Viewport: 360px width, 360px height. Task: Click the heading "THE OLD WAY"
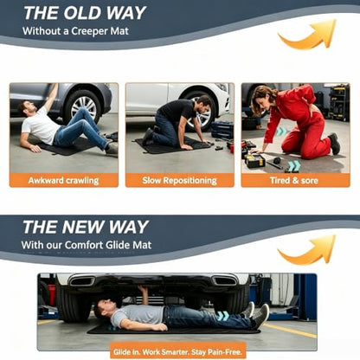(x=85, y=13)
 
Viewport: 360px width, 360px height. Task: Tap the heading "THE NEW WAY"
(x=86, y=227)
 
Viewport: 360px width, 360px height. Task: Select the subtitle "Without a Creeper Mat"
(x=75, y=31)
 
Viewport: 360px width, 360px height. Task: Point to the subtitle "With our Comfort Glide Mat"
(x=87, y=245)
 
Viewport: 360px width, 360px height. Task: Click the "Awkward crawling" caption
(x=63, y=181)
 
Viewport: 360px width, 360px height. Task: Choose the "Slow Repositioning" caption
(x=179, y=181)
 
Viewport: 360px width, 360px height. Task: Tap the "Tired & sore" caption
(x=294, y=181)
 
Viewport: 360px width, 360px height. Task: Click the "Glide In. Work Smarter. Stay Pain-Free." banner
(x=177, y=351)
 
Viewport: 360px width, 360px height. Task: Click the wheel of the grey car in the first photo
(x=83, y=106)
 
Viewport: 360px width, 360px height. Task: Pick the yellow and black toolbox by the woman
(x=254, y=160)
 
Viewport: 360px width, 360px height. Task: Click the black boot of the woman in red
(x=334, y=144)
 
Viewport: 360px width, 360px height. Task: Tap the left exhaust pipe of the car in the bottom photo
(x=82, y=280)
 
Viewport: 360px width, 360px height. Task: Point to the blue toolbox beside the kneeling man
(x=222, y=130)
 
